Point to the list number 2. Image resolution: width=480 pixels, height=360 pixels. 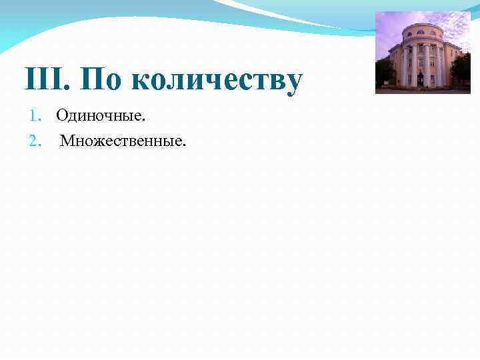click(35, 141)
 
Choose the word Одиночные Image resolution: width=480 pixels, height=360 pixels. click(100, 117)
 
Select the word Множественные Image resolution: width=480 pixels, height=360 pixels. click(123, 141)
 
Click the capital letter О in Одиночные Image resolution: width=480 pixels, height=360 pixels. click(61, 117)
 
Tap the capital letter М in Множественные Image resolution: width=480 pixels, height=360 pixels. click(67, 141)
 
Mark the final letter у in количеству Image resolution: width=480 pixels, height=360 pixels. click(294, 84)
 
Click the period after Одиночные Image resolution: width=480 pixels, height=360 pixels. click(143, 121)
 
